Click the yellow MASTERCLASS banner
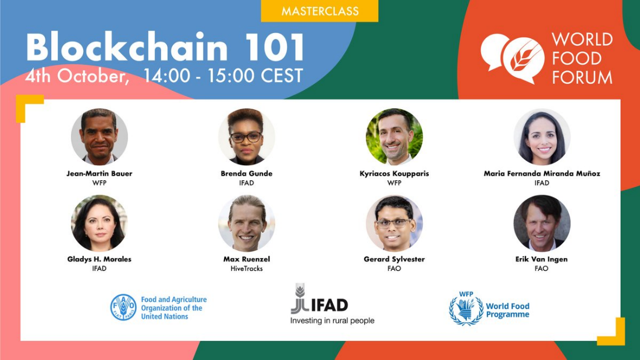click(319, 10)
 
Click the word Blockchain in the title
click(127, 47)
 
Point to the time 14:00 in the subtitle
click(166, 76)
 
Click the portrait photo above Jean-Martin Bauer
click(99, 137)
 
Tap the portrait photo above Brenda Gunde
click(247, 137)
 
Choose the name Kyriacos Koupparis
click(394, 173)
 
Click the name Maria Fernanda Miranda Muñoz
click(542, 173)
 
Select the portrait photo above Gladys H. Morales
click(99, 223)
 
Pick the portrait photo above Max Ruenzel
click(247, 223)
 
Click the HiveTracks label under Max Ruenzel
click(247, 269)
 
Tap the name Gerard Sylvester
click(394, 259)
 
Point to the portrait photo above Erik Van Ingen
click(542, 223)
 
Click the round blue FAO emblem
click(123, 307)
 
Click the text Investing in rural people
click(332, 321)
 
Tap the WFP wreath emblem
click(466, 310)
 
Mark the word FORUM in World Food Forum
click(582, 77)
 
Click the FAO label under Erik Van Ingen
click(542, 269)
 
